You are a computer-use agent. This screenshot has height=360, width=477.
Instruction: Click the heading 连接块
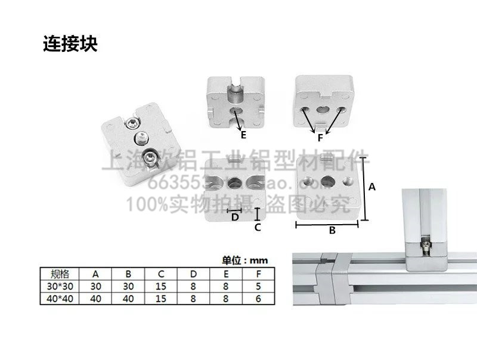[70, 44]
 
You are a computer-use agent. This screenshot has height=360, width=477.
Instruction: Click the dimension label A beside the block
[372, 187]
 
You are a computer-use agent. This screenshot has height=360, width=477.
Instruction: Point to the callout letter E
[243, 135]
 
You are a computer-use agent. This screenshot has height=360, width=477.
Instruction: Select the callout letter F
[320, 137]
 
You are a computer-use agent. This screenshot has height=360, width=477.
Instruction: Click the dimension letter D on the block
[235, 216]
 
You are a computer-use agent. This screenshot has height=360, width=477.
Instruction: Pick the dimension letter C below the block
[258, 227]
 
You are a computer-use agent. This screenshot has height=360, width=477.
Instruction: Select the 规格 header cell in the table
[60, 274]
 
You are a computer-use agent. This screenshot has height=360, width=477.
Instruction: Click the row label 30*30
[60, 286]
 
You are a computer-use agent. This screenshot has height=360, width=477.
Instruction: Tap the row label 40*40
[60, 298]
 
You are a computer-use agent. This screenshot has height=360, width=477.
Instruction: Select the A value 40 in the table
[95, 298]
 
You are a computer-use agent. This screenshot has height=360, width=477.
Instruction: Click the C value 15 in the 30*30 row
[161, 286]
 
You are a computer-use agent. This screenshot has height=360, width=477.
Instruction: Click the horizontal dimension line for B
[327, 224]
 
